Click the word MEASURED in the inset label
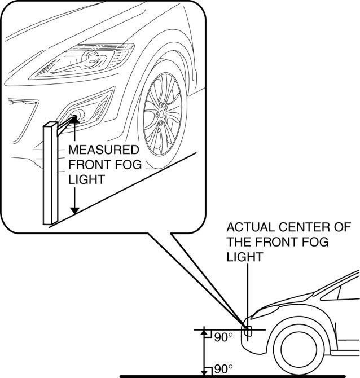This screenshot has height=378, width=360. pos(103,151)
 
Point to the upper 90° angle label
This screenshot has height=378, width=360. pos(223,337)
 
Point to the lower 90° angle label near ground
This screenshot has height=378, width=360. pos(223,369)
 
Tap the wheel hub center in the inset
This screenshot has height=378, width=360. pos(163,112)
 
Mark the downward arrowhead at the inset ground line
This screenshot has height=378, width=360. pos(74,210)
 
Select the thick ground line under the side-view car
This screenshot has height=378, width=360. pos(237,375)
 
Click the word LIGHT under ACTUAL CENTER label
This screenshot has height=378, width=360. pos(244,257)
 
